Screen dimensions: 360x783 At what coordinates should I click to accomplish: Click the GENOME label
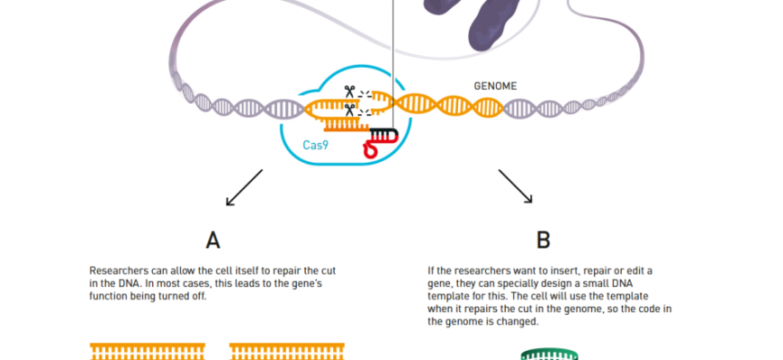coord(496,86)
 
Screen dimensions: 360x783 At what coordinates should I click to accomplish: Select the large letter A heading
coord(212,239)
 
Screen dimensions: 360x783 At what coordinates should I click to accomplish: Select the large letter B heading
coord(543,239)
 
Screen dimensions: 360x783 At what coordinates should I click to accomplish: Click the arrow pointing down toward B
coord(516,186)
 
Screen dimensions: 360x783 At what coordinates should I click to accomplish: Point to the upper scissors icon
coord(346,92)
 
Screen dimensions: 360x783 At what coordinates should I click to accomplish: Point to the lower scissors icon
coord(346,112)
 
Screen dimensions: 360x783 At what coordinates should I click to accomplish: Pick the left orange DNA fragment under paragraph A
coord(148,349)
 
